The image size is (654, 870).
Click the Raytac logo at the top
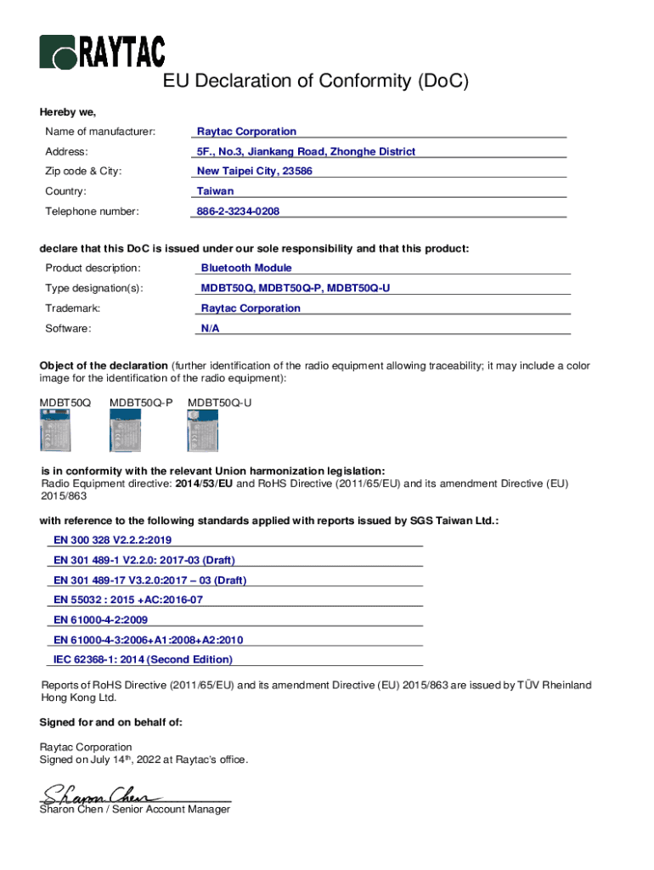click(x=102, y=52)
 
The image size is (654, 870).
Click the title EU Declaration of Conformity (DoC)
click(x=315, y=82)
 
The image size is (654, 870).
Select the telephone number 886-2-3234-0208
click(x=238, y=212)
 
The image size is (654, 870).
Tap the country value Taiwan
click(x=215, y=191)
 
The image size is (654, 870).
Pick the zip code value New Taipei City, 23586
click(x=255, y=172)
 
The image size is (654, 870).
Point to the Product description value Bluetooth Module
click(x=246, y=268)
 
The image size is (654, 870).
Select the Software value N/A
click(x=210, y=328)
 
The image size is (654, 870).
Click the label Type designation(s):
click(x=94, y=288)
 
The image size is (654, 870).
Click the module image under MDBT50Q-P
click(x=125, y=431)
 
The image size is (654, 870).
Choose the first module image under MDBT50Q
click(x=56, y=431)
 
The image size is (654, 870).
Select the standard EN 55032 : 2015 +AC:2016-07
click(x=127, y=600)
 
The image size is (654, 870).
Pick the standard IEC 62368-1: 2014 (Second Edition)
click(x=143, y=659)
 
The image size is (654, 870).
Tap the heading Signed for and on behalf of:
click(x=111, y=722)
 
